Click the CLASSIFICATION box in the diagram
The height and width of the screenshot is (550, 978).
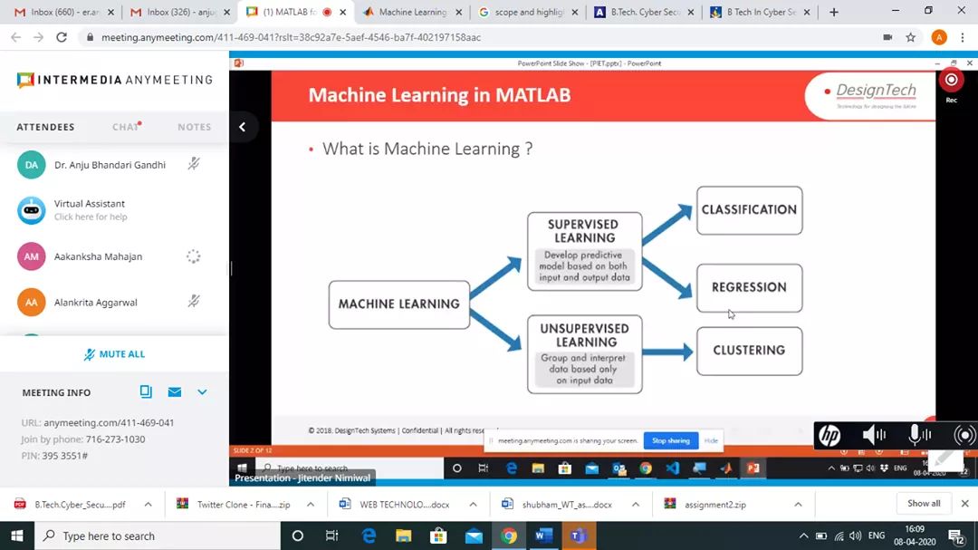749,209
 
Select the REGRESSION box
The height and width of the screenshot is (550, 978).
749,287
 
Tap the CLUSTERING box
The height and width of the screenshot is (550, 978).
749,351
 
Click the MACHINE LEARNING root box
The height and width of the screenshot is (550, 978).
398,304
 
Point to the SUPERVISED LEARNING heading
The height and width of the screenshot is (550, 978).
584,231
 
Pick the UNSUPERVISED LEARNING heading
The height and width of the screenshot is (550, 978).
584,335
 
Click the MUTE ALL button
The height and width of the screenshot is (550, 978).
114,354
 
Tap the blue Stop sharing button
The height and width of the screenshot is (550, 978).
671,441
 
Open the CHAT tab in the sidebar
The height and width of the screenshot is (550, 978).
125,127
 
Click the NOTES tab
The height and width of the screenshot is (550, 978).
194,127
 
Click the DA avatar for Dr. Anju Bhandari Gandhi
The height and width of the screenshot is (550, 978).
32,165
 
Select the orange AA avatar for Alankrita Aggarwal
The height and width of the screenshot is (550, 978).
32,302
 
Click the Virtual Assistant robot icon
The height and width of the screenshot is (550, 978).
32,210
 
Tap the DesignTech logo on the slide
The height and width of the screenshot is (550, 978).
871,93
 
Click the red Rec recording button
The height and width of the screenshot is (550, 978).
951,80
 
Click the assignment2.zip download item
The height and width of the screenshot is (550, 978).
714,505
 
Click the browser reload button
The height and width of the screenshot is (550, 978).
62,37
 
